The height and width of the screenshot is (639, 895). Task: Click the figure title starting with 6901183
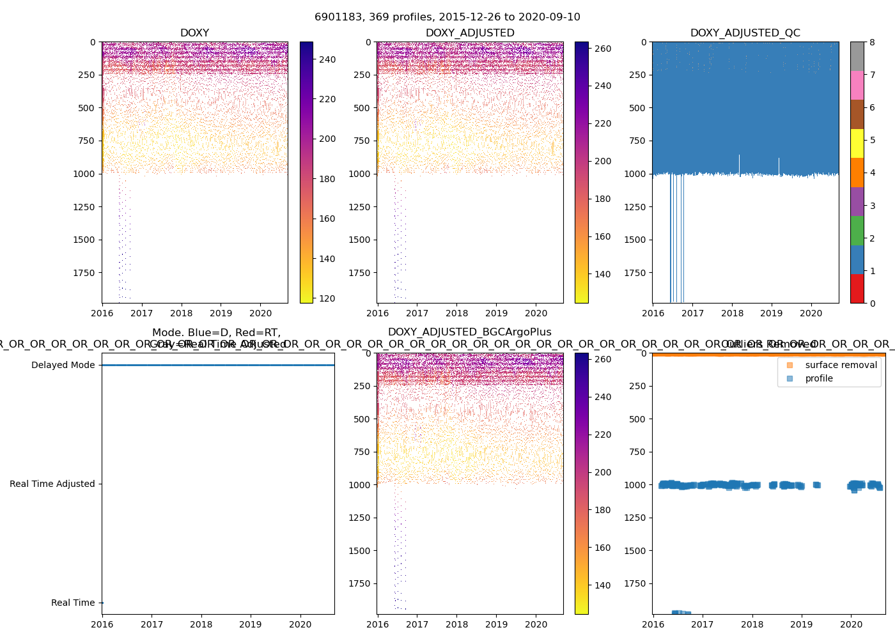(447, 17)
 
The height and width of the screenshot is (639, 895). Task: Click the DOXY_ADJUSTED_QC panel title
(745, 33)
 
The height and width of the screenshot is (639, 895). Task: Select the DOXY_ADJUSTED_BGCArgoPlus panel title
(469, 332)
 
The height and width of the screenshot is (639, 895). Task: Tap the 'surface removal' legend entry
(841, 365)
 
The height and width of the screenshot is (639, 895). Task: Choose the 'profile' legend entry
(819, 378)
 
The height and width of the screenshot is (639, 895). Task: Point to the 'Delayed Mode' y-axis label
(63, 366)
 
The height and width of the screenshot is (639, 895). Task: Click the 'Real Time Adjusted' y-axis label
(52, 484)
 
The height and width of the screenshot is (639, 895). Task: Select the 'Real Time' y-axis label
(73, 603)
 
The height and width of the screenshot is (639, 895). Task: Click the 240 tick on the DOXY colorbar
(327, 59)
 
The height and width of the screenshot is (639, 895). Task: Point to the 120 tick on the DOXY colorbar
(327, 298)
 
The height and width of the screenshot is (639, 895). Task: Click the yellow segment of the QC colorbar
(857, 143)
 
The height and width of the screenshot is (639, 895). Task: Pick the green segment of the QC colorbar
(857, 230)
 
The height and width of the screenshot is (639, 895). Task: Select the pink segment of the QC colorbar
(857, 85)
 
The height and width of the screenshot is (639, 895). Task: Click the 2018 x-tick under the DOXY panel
(182, 314)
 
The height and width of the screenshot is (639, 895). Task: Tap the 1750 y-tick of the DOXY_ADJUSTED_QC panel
(636, 273)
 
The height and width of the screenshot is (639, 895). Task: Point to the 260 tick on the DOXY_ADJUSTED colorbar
(603, 49)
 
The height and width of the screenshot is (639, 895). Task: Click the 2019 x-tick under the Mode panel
(251, 625)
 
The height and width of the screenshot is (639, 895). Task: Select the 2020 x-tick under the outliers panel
(851, 625)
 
